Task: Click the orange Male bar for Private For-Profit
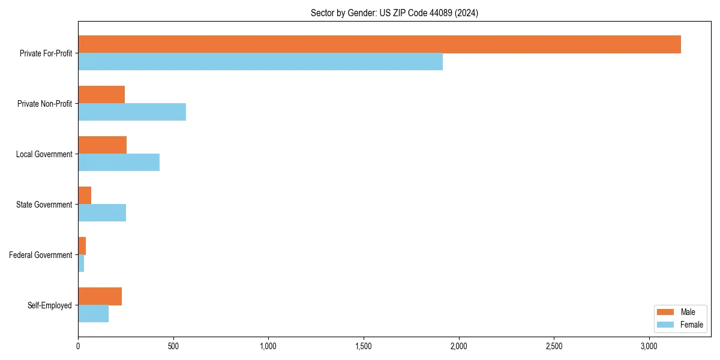point(379,44)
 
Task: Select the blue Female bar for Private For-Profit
point(260,62)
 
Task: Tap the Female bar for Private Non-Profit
point(132,112)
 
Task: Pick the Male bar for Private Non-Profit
point(101,95)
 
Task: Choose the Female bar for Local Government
point(119,163)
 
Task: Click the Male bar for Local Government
point(102,145)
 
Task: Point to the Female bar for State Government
point(102,213)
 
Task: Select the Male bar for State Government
point(85,196)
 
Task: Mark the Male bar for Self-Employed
point(100,296)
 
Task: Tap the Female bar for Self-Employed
point(93,314)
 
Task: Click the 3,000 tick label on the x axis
point(649,347)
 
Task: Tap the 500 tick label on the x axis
point(173,347)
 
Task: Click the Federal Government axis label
point(41,255)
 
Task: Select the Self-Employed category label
point(50,305)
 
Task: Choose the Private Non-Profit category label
point(44,104)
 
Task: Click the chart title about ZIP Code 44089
point(394,13)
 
